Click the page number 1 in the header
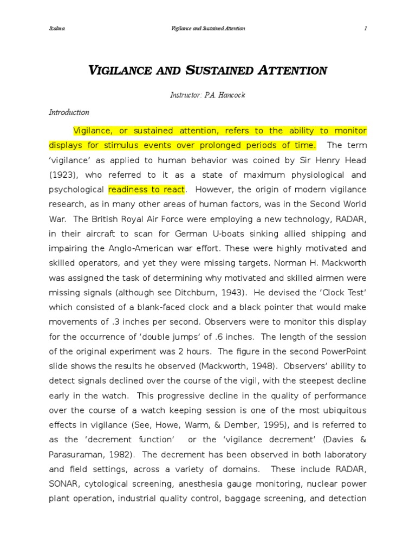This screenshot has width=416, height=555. [366, 28]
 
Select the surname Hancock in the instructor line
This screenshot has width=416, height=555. [233, 95]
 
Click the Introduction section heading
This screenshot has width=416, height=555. [69, 112]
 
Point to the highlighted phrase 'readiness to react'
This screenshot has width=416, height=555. [147, 190]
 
